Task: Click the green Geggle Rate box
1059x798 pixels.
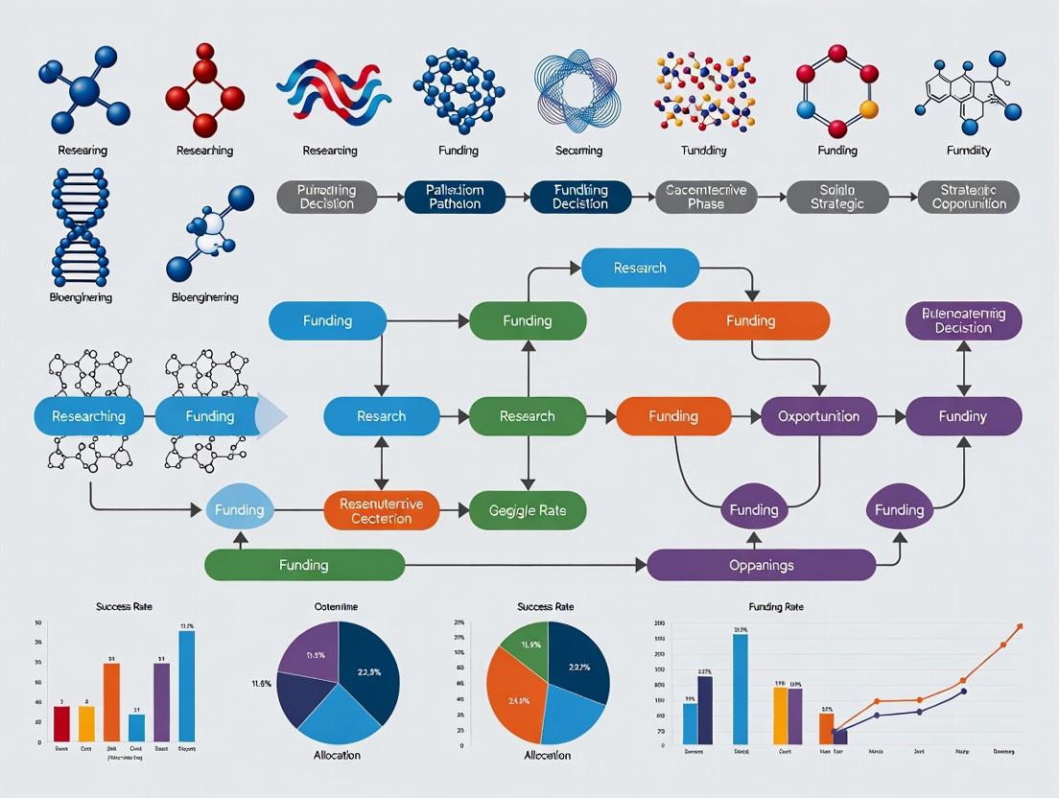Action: pyautogui.click(x=528, y=510)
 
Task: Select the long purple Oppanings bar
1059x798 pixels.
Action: pyautogui.click(x=761, y=565)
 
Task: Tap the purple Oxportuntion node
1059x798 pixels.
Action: pyautogui.click(x=818, y=416)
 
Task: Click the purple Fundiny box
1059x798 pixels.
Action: pyautogui.click(x=963, y=416)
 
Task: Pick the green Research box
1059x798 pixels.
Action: pyautogui.click(x=528, y=416)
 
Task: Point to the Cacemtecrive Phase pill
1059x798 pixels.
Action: pyautogui.click(x=706, y=197)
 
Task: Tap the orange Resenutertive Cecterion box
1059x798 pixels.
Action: pyautogui.click(x=381, y=510)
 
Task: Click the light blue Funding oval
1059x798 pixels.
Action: pyautogui.click(x=239, y=510)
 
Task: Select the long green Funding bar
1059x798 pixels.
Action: pyautogui.click(x=304, y=565)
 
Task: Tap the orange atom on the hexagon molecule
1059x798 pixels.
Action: pyautogui.click(x=869, y=108)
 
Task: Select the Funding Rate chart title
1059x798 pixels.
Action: pyautogui.click(x=776, y=607)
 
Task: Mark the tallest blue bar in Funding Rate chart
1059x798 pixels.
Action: pyautogui.click(x=741, y=689)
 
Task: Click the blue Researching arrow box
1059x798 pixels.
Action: pyautogui.click(x=88, y=416)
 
